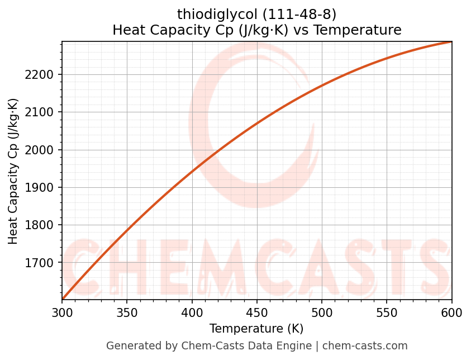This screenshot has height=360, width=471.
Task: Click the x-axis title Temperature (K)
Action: click(256, 329)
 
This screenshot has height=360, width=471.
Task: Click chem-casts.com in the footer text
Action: click(365, 346)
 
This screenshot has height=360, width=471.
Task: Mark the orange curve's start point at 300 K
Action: click(63, 299)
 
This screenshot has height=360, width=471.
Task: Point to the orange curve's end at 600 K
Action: click(451, 42)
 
